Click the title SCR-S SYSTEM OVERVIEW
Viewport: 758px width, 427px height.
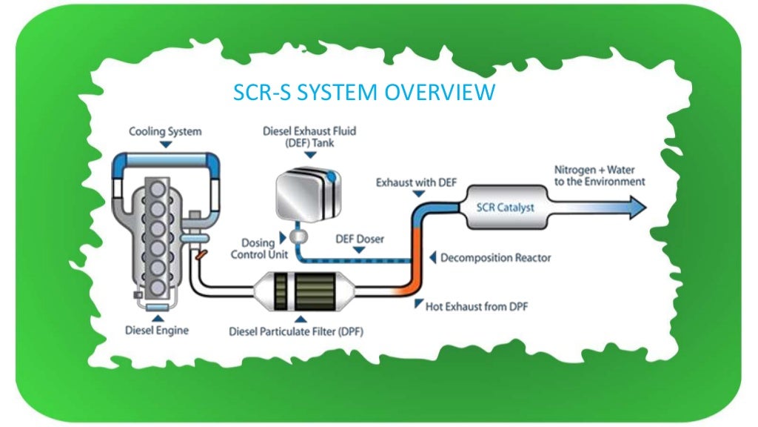pos(363,93)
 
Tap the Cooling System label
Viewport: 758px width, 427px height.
pos(165,132)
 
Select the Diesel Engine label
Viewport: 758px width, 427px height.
pos(157,330)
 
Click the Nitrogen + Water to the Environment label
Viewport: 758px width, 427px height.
pos(600,175)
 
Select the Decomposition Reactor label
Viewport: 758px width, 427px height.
pos(495,259)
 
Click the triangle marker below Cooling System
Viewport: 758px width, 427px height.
pos(165,145)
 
